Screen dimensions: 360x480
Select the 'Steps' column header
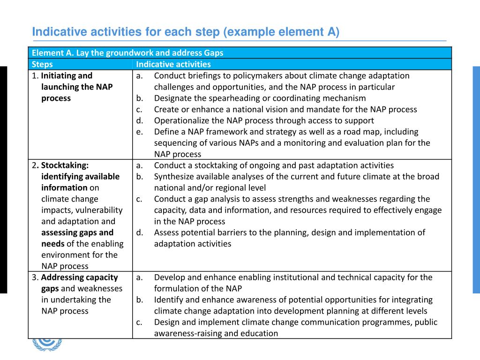42,64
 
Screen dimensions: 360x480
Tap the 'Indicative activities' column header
173,64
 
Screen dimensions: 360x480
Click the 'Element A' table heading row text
127,53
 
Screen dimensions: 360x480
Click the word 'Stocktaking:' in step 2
65,165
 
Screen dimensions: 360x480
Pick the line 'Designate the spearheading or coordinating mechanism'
260,98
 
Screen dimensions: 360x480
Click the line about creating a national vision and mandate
285,109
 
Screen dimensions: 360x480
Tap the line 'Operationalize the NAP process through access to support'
263,120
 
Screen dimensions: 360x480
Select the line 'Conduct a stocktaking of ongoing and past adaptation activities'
274,165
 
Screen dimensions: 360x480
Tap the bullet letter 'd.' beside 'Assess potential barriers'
140,232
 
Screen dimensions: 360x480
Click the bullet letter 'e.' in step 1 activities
140,132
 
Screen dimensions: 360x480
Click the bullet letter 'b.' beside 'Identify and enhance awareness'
140,300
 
